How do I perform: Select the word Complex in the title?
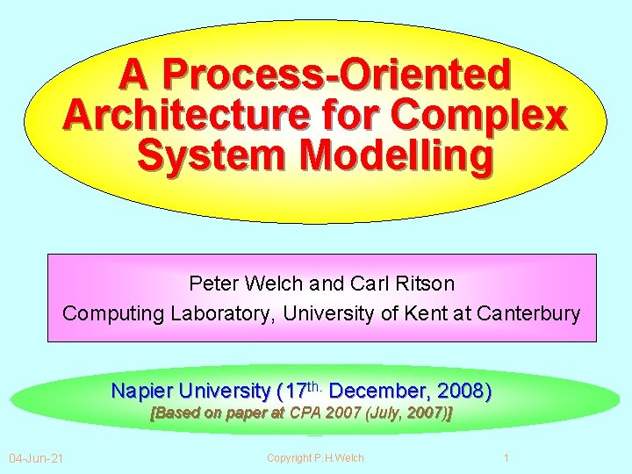(x=480, y=115)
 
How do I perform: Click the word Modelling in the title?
(x=397, y=156)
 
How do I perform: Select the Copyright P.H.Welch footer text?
(x=315, y=457)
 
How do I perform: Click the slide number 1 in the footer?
(x=506, y=457)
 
